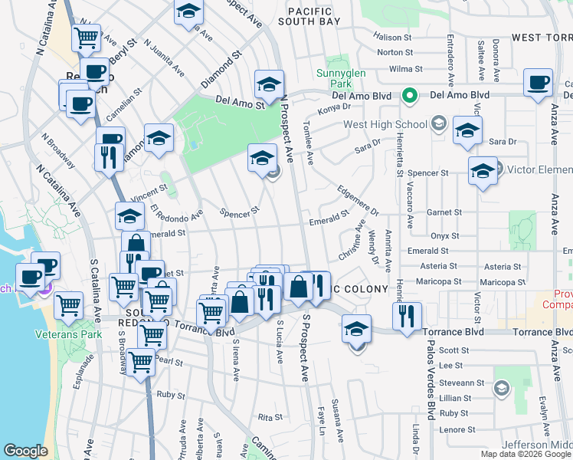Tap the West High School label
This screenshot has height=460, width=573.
click(x=385, y=124)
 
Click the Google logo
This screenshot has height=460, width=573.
click(x=25, y=451)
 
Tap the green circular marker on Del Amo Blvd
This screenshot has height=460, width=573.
click(x=410, y=96)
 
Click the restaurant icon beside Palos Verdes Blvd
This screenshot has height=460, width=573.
click(x=407, y=314)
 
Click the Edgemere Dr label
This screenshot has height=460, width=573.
click(x=359, y=199)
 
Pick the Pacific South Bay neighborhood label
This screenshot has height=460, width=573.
click(x=313, y=16)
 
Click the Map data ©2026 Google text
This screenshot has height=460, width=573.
click(x=526, y=454)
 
